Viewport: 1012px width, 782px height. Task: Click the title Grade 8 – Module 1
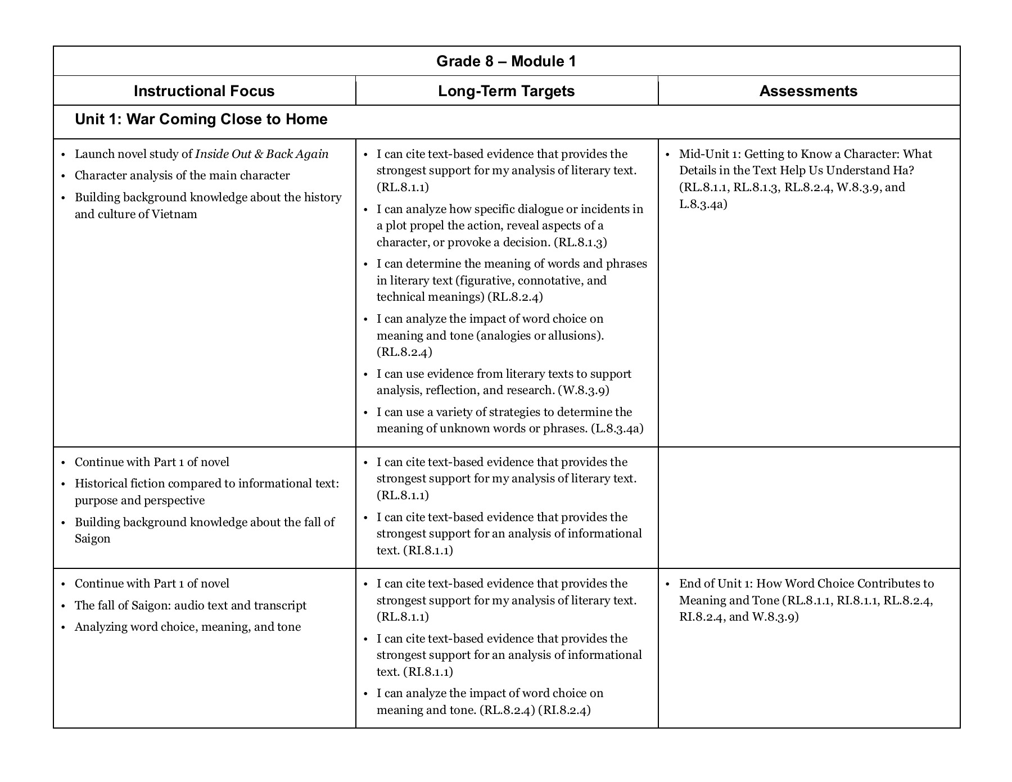click(x=506, y=61)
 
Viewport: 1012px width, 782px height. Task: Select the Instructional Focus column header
click(x=204, y=91)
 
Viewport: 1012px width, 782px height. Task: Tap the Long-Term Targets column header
click(x=506, y=91)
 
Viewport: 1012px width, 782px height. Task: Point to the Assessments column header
click(x=808, y=91)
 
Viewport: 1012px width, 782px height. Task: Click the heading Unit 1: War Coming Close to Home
click(x=201, y=119)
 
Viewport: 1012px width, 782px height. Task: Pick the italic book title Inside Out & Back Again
click(x=261, y=154)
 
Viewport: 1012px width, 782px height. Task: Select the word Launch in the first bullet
click(x=94, y=154)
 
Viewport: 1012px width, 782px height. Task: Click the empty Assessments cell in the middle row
click(x=808, y=507)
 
